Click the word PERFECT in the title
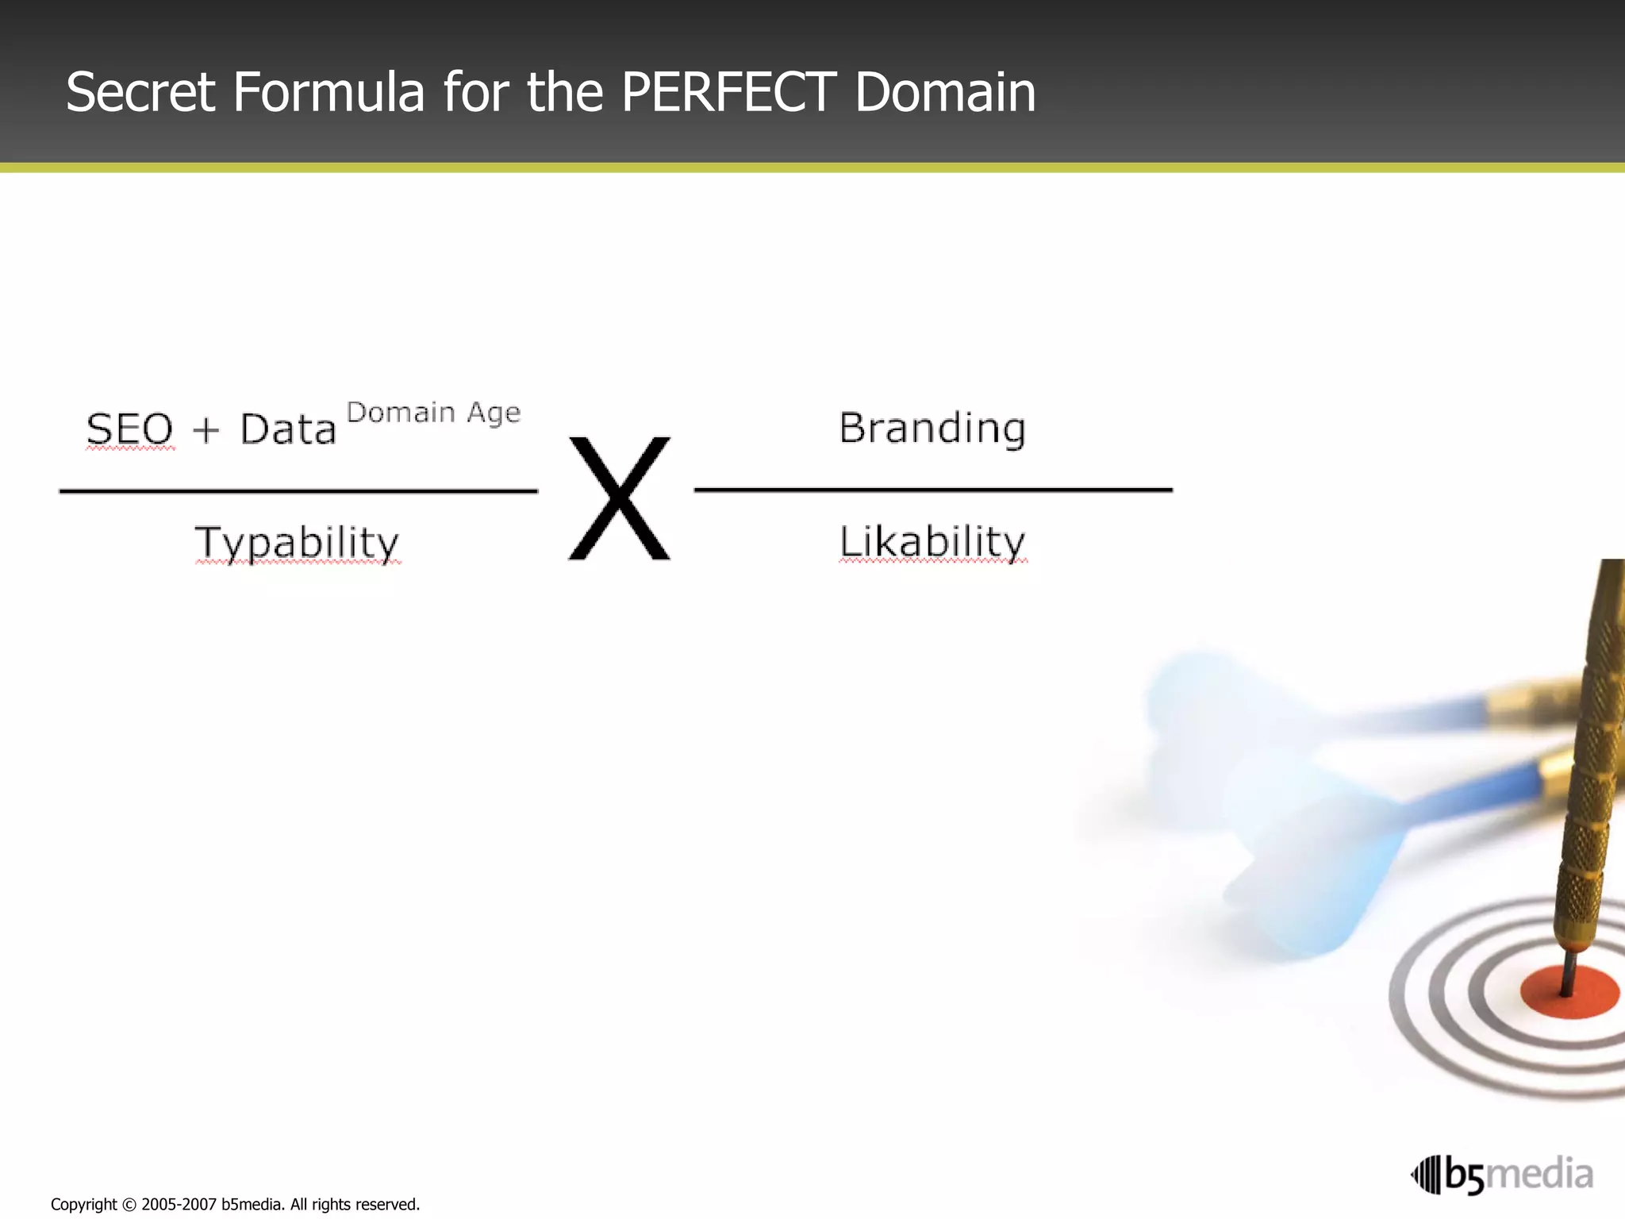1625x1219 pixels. click(x=728, y=92)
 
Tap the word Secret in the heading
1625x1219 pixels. click(x=140, y=92)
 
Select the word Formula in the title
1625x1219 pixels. click(x=328, y=92)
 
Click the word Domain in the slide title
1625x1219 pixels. click(x=945, y=92)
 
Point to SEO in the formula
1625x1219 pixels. click(x=129, y=429)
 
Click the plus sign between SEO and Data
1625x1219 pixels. click(x=206, y=431)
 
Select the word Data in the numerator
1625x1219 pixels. click(x=288, y=429)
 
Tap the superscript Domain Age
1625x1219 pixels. click(x=433, y=412)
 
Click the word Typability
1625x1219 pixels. click(x=297, y=543)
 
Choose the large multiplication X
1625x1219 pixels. click(x=620, y=498)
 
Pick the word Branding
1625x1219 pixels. click(x=932, y=429)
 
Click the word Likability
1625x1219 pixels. click(x=932, y=542)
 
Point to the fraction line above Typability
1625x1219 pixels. click(x=298, y=491)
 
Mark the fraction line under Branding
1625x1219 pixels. click(x=933, y=490)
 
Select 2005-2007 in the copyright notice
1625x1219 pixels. click(x=179, y=1205)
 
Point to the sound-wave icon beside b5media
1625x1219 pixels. click(x=1425, y=1175)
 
